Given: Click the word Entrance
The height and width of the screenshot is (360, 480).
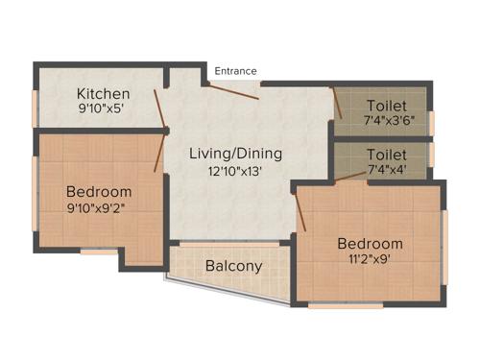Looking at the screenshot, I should (236, 71).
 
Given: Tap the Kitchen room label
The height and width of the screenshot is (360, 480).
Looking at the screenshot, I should (104, 93).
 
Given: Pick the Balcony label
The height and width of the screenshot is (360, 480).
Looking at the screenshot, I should (233, 266).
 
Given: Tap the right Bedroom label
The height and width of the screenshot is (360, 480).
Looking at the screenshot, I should (370, 242).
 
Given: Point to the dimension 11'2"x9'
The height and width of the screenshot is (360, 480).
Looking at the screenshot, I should (370, 258).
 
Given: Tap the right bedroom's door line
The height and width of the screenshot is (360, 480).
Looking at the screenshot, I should (300, 209).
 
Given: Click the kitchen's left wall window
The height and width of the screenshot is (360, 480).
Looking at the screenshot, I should (36, 108).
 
